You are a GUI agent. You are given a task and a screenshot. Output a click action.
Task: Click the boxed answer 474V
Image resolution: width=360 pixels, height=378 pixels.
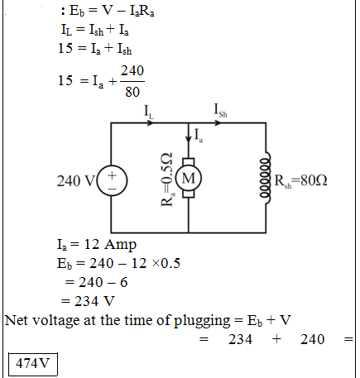click(33, 364)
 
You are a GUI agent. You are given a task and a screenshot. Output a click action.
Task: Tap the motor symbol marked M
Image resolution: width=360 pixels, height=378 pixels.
click(189, 178)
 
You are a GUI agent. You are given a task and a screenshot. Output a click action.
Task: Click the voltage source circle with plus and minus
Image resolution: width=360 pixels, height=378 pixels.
click(113, 180)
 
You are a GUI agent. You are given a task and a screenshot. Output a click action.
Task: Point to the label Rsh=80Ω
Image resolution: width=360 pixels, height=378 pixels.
click(300, 180)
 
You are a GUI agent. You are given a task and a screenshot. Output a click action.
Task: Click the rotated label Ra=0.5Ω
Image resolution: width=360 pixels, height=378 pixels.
click(167, 179)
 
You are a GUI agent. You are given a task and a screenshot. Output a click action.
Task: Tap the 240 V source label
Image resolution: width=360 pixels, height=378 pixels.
click(76, 181)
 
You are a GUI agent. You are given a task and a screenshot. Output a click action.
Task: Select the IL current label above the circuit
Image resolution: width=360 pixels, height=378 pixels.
click(149, 112)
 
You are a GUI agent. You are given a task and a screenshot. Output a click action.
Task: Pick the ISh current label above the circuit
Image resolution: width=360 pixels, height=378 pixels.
click(221, 111)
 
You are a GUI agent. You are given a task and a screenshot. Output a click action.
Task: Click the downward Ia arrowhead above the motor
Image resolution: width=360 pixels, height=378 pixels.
click(189, 138)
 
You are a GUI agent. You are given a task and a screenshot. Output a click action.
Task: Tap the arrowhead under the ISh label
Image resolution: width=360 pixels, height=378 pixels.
click(218, 122)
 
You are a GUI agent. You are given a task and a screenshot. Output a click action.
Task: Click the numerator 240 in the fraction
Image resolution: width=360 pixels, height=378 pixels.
click(132, 71)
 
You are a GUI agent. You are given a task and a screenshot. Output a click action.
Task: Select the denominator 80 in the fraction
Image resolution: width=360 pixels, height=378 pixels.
click(132, 92)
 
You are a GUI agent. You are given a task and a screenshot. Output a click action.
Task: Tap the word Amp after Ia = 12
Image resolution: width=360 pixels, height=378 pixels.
click(120, 245)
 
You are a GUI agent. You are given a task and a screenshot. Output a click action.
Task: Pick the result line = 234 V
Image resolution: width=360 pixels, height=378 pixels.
click(88, 301)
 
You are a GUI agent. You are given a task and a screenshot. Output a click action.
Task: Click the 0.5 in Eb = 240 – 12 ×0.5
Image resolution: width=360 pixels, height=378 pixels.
click(170, 263)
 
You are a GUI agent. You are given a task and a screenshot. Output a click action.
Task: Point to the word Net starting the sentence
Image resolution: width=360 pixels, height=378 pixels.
click(17, 320)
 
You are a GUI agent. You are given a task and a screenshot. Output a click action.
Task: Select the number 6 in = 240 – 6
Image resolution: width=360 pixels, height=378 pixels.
click(124, 282)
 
